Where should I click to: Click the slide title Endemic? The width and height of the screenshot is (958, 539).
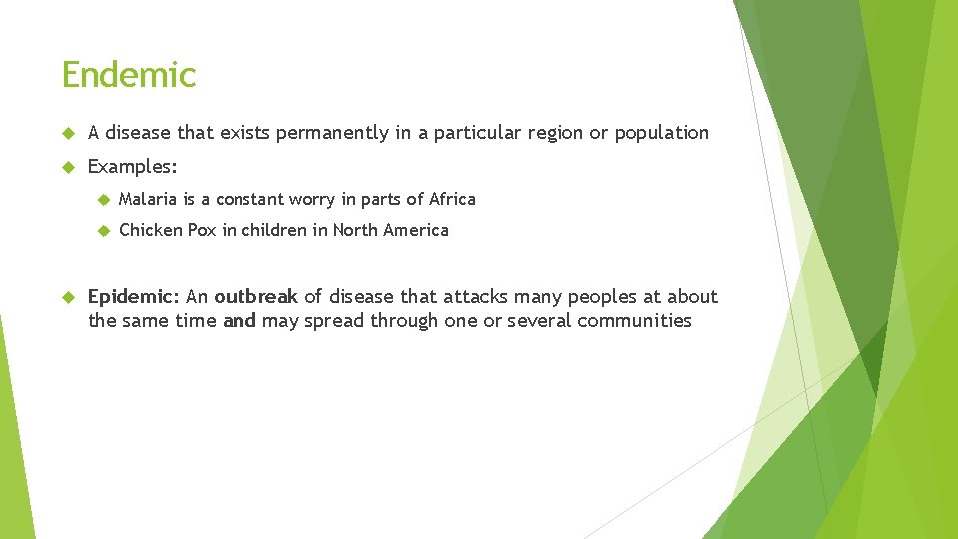pyautogui.click(x=129, y=75)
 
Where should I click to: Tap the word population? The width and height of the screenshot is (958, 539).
pyautogui.click(x=661, y=133)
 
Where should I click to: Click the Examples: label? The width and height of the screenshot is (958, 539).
pyautogui.click(x=133, y=166)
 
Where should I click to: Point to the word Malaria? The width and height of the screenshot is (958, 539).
pyautogui.click(x=148, y=199)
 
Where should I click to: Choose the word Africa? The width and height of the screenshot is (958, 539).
pyautogui.click(x=452, y=199)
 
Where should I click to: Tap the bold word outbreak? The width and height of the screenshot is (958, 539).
pyautogui.click(x=255, y=296)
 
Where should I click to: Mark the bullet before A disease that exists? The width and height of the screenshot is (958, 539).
pyautogui.click(x=68, y=133)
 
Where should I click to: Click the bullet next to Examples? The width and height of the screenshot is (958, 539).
pyautogui.click(x=68, y=166)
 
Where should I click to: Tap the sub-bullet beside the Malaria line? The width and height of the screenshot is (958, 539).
pyautogui.click(x=101, y=199)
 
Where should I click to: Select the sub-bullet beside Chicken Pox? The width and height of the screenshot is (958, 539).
pyautogui.click(x=101, y=230)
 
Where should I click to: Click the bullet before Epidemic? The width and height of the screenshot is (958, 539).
pyautogui.click(x=68, y=296)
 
